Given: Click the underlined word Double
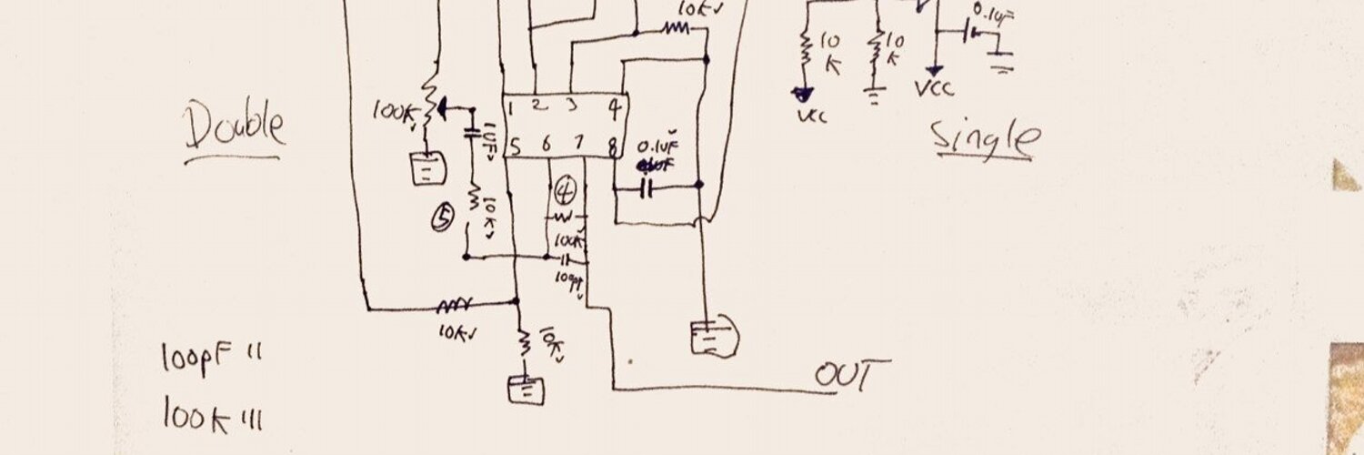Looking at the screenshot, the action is pos(235,127).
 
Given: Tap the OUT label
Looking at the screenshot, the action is pos(851,375).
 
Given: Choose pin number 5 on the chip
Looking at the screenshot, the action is pos(515,145).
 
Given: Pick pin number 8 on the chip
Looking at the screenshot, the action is pos(615,144).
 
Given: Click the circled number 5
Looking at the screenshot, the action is pos(443,217).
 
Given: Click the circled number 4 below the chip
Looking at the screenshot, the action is pos(566,191).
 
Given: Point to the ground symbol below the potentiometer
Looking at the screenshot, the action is pos(427,169).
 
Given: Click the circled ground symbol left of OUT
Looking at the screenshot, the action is pos(714,338).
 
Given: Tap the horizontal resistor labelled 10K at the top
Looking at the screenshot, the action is pos(676,29).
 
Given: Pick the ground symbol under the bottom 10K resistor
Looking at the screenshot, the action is pos(526,389).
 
